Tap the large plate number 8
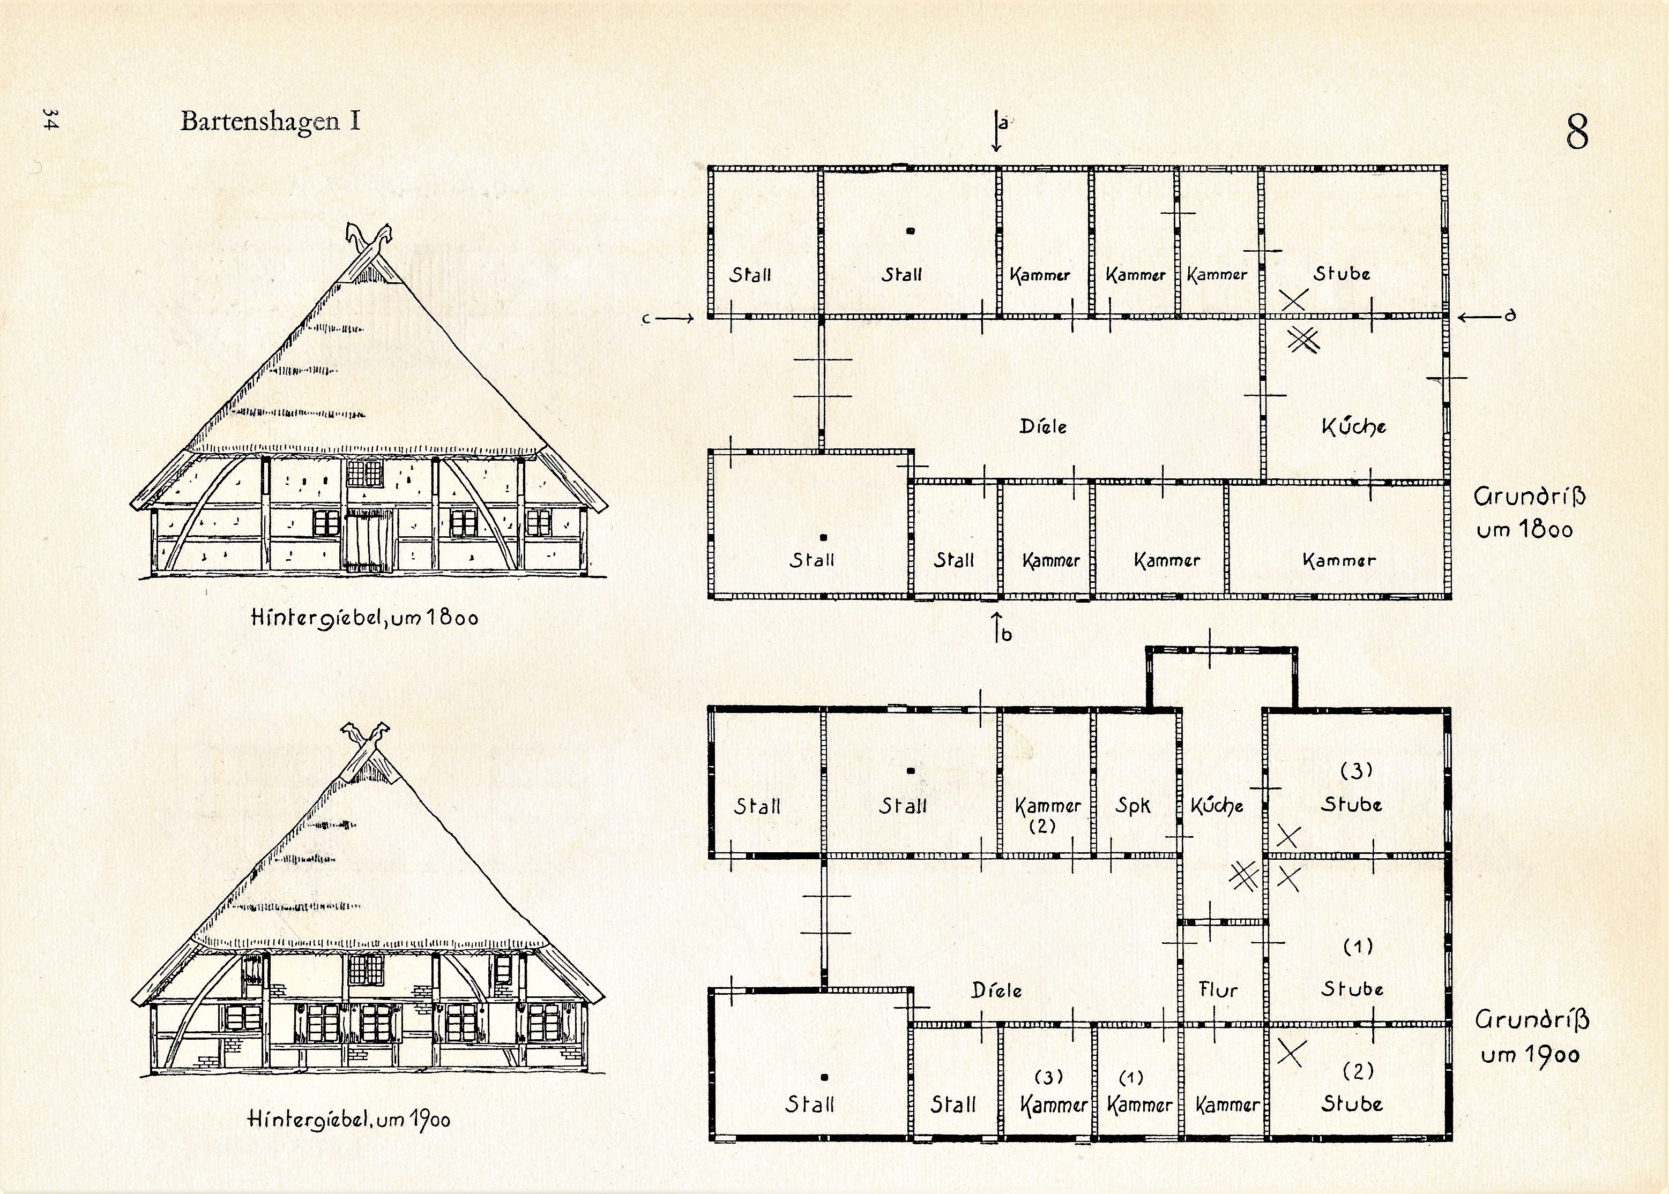click(1576, 133)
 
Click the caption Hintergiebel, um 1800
click(364, 617)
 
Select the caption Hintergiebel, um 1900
click(349, 1120)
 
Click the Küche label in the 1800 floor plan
click(1353, 426)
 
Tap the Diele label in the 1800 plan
click(1042, 426)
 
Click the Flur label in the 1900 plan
click(1218, 989)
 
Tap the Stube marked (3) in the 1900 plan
click(1351, 805)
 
